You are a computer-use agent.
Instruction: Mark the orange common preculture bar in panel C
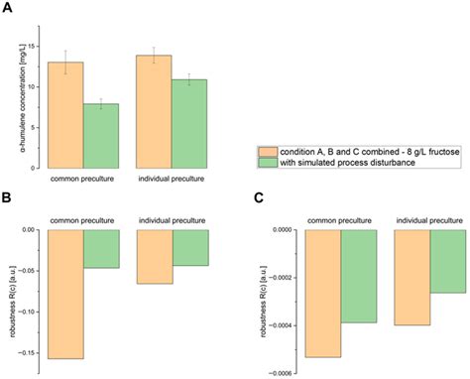point(323,293)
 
